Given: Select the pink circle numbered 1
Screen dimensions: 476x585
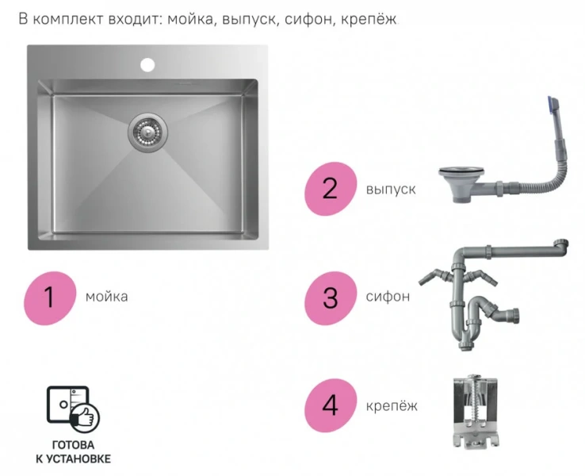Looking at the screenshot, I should point(49,297).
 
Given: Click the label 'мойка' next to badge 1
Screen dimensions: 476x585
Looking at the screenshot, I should point(107,297).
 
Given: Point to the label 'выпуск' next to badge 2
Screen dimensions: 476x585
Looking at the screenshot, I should point(391,190).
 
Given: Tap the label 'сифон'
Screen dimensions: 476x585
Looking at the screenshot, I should point(388,297).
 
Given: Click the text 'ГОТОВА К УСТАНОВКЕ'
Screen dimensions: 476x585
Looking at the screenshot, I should point(73,452).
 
